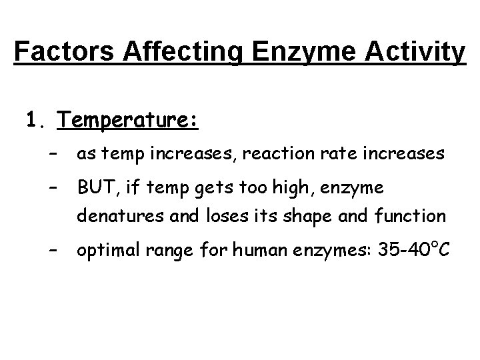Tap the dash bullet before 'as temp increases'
(x=53, y=155)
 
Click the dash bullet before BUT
(x=53, y=188)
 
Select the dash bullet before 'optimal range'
(x=53, y=251)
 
